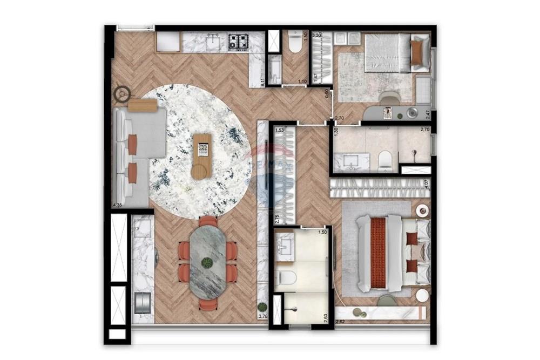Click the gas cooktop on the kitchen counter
tap(238, 41)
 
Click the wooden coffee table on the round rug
tap(202, 155)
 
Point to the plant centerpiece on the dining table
tap(207, 263)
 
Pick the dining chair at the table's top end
tap(208, 221)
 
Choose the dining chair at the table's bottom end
tap(208, 304)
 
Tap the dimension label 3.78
tap(263, 316)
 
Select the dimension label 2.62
tap(340, 322)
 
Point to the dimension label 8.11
tap(263, 82)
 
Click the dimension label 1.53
tap(280, 130)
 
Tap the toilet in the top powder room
tap(295, 43)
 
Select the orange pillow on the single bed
tap(417, 52)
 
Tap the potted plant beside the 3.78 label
tap(262, 307)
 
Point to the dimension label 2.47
tap(427, 114)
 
